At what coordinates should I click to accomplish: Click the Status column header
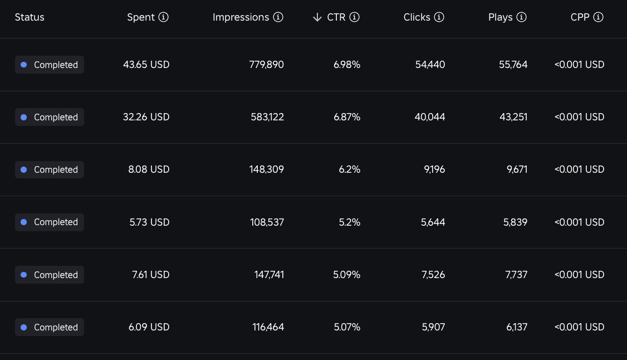pos(30,17)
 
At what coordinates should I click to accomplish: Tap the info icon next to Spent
pos(163,17)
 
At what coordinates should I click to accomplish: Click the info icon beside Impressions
pos(278,17)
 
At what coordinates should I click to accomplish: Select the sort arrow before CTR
pos(317,17)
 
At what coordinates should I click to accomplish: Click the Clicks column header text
pos(417,17)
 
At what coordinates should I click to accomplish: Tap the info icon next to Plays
pos(521,17)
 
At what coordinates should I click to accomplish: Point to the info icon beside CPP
pos(598,17)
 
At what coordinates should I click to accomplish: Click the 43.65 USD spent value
pos(146,65)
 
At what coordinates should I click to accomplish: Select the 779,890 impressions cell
pos(266,65)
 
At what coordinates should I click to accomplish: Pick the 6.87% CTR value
pos(347,117)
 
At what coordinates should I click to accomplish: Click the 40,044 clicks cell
pos(430,117)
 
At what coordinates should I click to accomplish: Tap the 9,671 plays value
pos(517,169)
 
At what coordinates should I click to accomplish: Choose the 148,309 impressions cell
pos(266,169)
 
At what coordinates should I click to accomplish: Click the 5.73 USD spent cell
pos(150,222)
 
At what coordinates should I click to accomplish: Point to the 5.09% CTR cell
pos(347,275)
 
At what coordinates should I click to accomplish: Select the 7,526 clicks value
pos(433,275)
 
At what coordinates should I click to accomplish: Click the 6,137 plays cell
pos(517,327)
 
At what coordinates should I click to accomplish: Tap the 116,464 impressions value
pos(268,327)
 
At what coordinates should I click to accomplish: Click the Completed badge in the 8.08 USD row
pos(50,169)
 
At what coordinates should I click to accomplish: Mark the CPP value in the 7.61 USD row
pos(580,275)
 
